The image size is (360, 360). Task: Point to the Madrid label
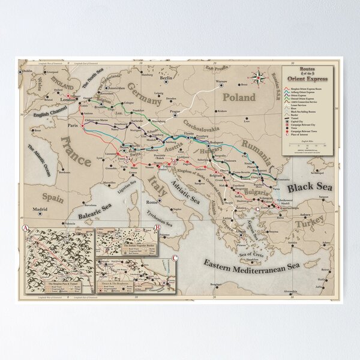point(40,209)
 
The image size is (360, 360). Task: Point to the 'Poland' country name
point(238,97)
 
